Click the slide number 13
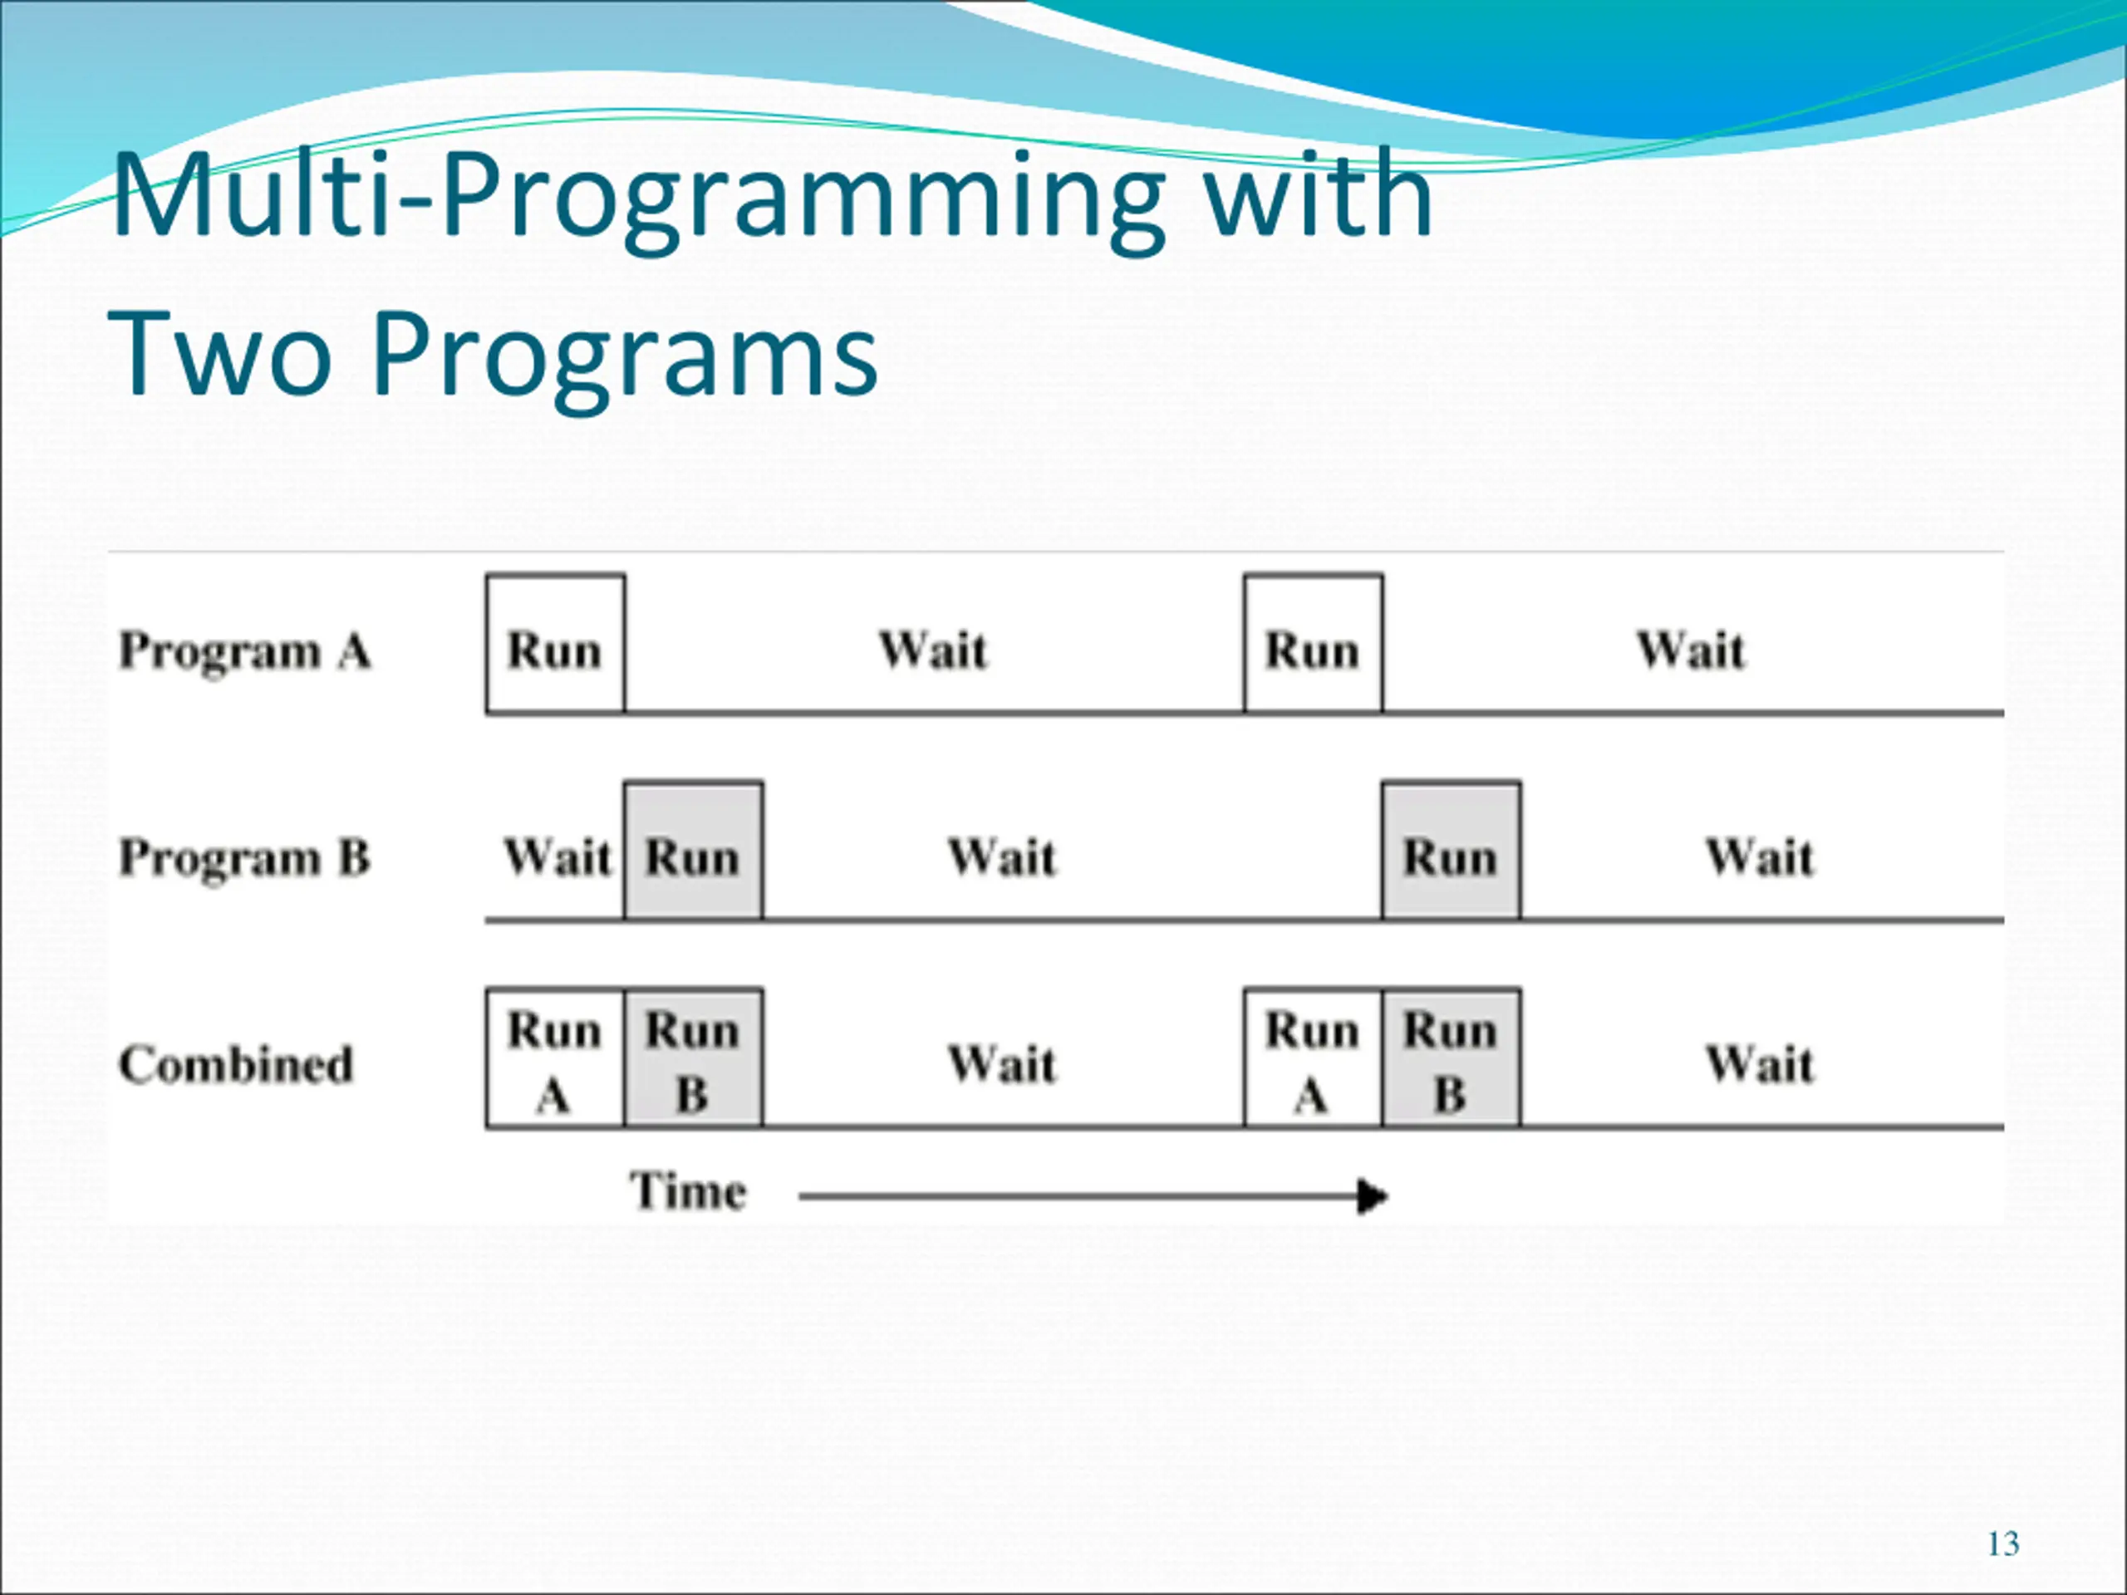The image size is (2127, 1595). [2003, 1544]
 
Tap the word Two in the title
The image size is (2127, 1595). [222, 352]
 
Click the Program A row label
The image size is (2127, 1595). [244, 652]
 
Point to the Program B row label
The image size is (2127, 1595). [244, 858]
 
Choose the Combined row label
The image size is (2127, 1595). [237, 1065]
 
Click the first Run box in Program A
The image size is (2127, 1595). [556, 644]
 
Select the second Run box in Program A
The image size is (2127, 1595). [1314, 644]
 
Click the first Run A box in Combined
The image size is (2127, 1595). [556, 1058]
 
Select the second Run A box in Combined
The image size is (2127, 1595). [1314, 1058]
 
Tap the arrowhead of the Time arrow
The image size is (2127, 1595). [1373, 1197]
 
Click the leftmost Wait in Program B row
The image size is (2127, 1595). [558, 857]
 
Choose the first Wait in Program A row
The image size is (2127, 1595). [934, 651]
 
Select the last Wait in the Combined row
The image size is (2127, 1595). [1761, 1064]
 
